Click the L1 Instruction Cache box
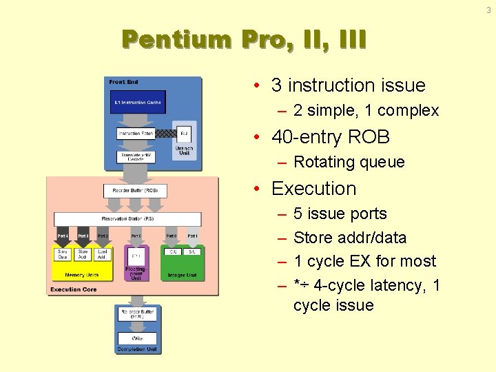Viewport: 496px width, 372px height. (x=138, y=103)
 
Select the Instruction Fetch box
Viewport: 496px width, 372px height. (x=136, y=133)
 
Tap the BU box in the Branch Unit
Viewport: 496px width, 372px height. (x=184, y=133)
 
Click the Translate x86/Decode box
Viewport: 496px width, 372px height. (x=136, y=156)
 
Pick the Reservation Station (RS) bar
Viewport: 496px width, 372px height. (x=128, y=218)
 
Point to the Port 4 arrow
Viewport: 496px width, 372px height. (x=63, y=236)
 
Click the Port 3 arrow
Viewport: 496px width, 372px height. (x=83, y=236)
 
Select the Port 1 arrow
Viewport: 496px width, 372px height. (x=192, y=236)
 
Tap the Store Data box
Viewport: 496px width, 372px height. (x=63, y=254)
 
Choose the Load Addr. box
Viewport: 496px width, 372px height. (x=103, y=254)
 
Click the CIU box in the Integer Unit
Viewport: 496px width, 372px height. (x=173, y=252)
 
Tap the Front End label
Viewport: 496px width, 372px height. (x=123, y=83)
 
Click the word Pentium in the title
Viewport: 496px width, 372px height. (x=176, y=39)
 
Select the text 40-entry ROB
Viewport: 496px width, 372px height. (x=331, y=137)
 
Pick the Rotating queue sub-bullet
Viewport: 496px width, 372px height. (x=349, y=163)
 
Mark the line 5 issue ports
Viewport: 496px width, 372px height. (x=340, y=214)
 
